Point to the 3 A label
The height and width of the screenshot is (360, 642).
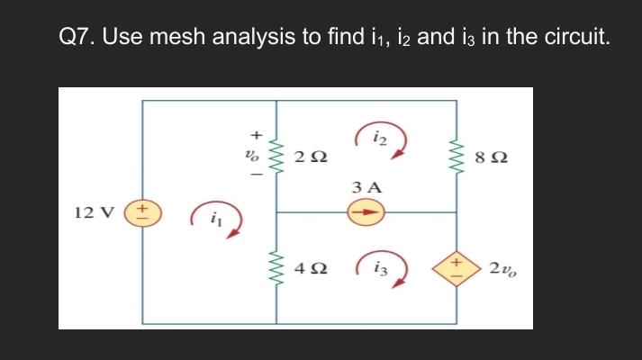click(366, 188)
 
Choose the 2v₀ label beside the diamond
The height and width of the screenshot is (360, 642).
click(504, 267)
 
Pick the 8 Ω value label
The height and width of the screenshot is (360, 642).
click(496, 159)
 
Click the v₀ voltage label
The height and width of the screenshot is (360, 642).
click(255, 156)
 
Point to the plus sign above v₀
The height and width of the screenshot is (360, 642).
click(255, 135)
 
